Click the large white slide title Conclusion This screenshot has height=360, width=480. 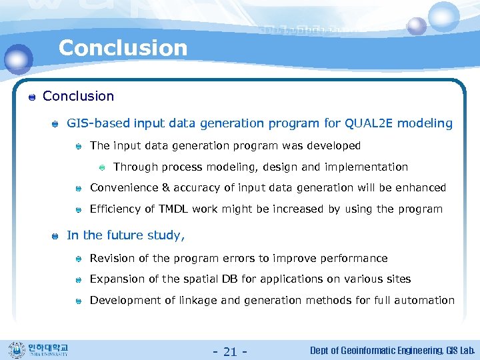coord(123,48)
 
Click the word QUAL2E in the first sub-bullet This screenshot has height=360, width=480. coord(369,123)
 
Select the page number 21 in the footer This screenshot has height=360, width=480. coord(230,351)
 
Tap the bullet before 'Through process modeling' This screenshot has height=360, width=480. coord(102,167)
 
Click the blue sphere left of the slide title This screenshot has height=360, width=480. coord(18,59)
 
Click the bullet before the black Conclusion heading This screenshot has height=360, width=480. coord(31,97)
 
